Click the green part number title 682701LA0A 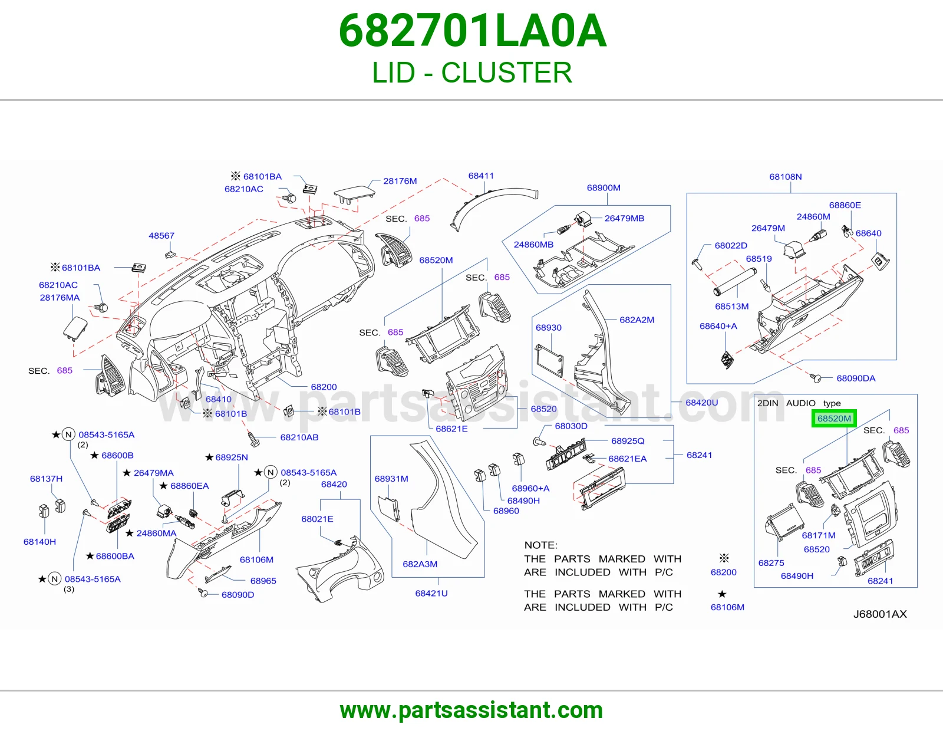pos(472,31)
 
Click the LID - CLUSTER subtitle pos(472,73)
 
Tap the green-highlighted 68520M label pos(834,419)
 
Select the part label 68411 pos(481,176)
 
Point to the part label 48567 pos(161,236)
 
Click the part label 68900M pos(604,188)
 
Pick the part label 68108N pos(786,177)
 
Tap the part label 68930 pos(549,327)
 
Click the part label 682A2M pos(637,320)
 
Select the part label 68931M pos(391,479)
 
